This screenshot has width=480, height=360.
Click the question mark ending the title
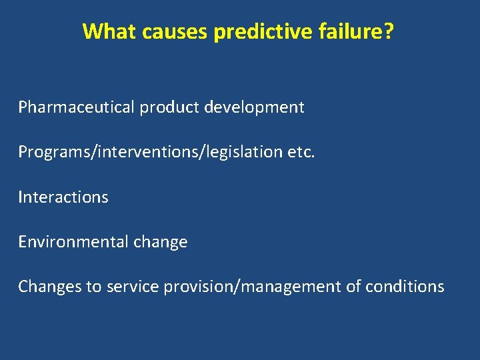click(389, 31)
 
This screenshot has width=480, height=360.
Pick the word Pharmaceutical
click(77, 107)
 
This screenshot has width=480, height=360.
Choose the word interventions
click(149, 152)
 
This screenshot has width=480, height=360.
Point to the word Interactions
click(63, 197)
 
